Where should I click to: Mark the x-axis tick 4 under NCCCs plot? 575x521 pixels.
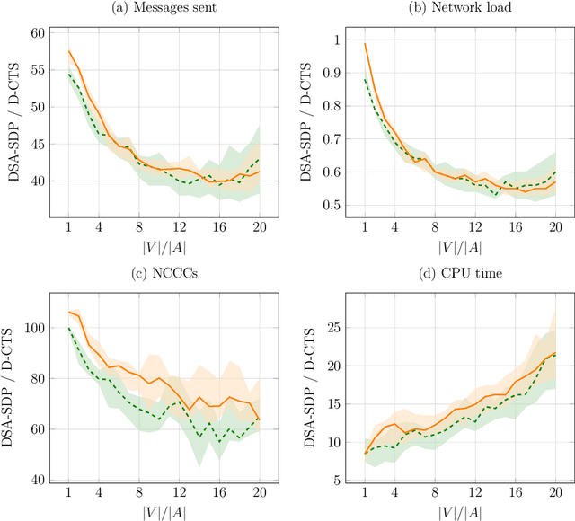click(x=97, y=493)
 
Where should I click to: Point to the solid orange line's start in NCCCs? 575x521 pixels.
click(x=68, y=312)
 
